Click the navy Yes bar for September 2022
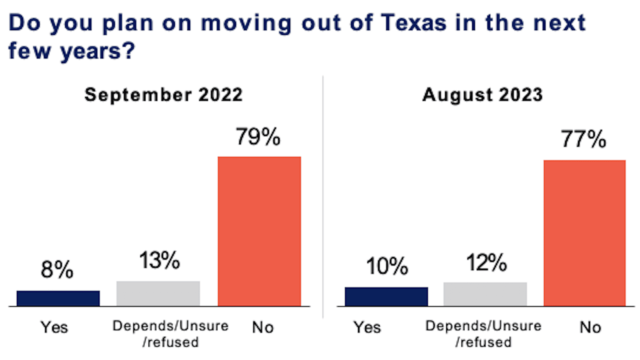pos(58,298)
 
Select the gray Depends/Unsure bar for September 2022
pos(158,294)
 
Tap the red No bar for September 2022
pos(259,231)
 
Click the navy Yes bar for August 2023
pos(386,297)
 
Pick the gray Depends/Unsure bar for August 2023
pos(485,294)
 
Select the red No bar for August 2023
pos(584,233)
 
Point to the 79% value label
pos(258,137)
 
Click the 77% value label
pos(583,139)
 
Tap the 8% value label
pos(57,270)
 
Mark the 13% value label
pos(159,260)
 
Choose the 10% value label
pos(387,266)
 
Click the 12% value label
pos(486,263)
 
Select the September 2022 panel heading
pos(163,95)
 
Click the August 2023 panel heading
pos(482,95)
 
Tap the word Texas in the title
pos(413,23)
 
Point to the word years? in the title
pos(97,51)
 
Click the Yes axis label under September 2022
pos(54,327)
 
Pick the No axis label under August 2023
pos(590,327)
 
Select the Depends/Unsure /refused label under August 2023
pos(483,334)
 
